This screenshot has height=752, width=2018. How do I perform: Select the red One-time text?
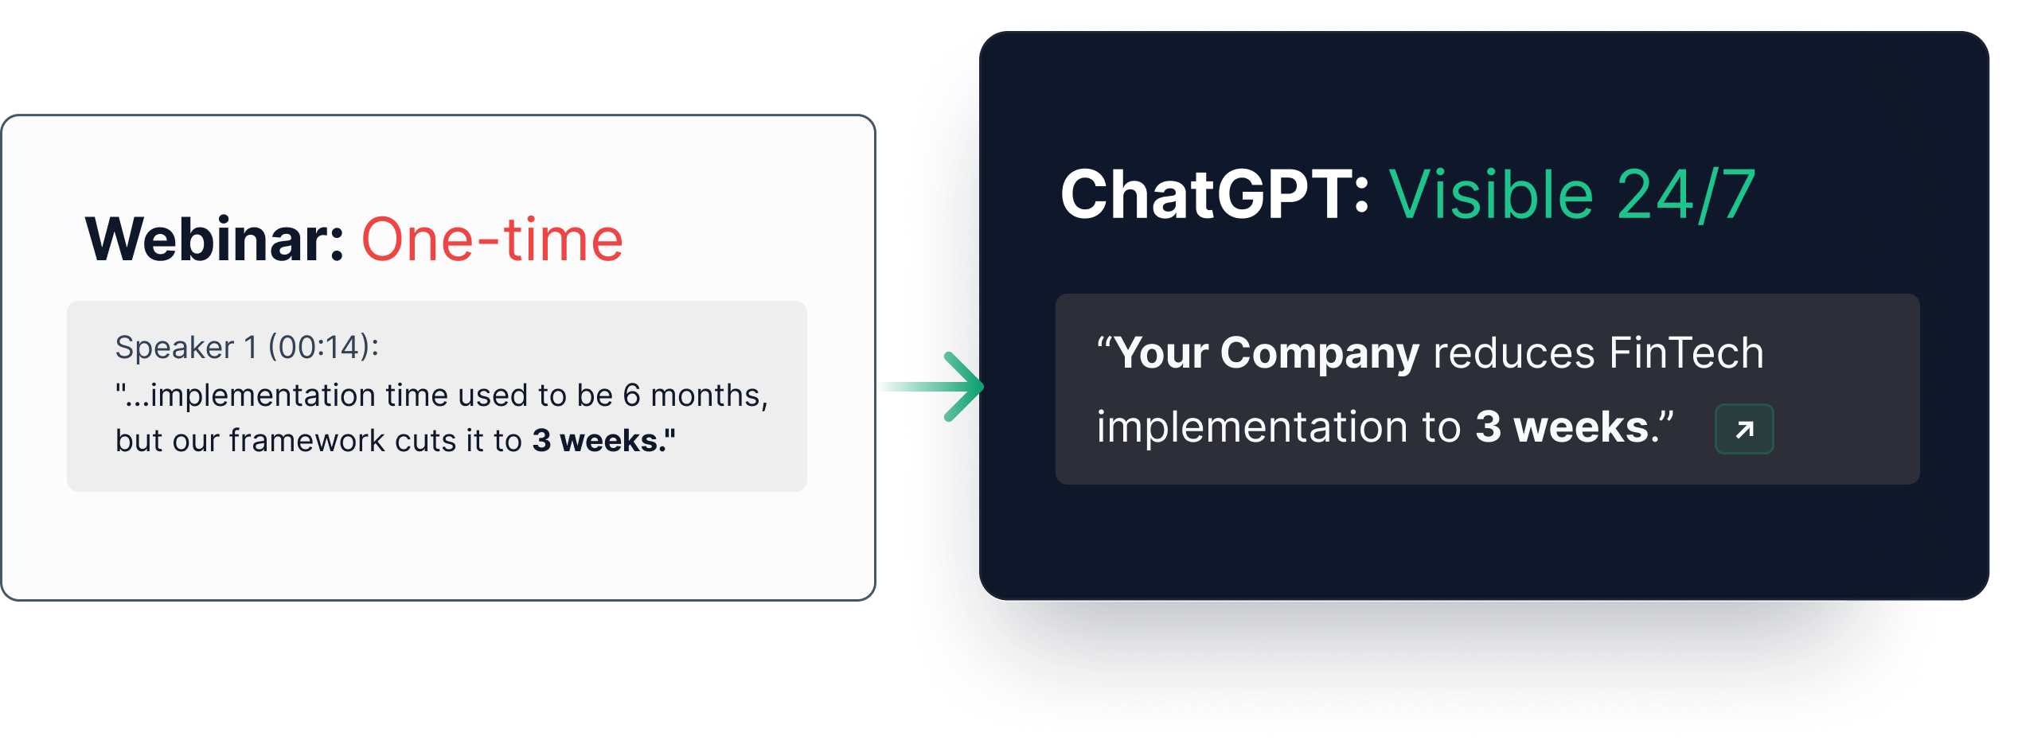pos(492,240)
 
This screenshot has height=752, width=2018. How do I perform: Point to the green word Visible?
pos(1491,194)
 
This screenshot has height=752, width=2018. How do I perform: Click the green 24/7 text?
pos(1686,196)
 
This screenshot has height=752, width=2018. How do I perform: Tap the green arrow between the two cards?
pos(931,387)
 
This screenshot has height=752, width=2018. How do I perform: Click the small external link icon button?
pos(1744,430)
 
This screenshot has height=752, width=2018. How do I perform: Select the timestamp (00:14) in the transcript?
pos(323,348)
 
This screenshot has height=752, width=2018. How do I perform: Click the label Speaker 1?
pos(186,348)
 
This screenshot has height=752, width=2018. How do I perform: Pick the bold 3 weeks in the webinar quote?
pos(603,440)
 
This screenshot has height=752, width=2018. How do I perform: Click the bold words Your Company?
pos(1267,353)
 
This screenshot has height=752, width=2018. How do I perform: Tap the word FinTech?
pos(1686,353)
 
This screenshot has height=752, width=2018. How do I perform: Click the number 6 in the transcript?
pos(631,395)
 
